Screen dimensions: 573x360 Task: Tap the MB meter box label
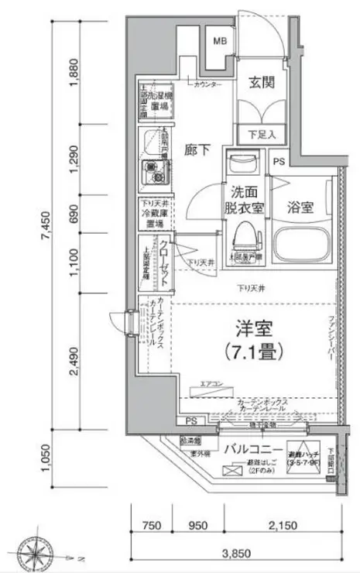pyautogui.click(x=221, y=40)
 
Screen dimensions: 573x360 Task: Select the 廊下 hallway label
pyautogui.click(x=197, y=150)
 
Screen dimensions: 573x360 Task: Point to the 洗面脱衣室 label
pyautogui.click(x=245, y=201)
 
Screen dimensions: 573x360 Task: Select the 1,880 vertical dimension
pyautogui.click(x=74, y=76)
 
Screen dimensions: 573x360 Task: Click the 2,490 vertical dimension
pyautogui.click(x=74, y=360)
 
